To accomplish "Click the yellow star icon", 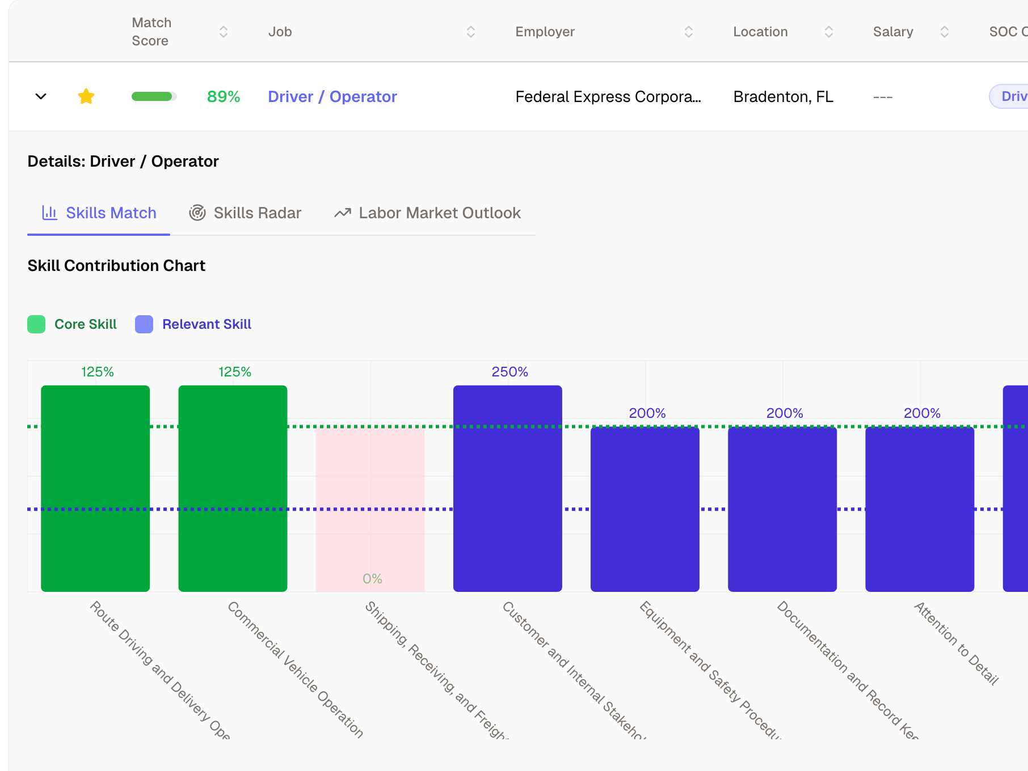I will point(86,96).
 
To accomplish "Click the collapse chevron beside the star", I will point(41,96).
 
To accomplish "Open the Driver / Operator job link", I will point(332,97).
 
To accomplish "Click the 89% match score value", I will point(224,97).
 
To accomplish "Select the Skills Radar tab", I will point(245,213).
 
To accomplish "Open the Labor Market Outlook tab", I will point(428,213).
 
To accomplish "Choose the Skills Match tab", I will point(99,213).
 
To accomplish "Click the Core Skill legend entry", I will point(73,324).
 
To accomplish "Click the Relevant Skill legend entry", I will point(193,324).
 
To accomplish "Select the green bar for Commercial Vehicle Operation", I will point(233,488).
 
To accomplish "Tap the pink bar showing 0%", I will point(370,510).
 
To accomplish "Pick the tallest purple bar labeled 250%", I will point(507,488).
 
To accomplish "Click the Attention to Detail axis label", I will point(956,643).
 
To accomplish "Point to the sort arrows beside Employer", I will point(689,32).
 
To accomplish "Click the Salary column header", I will point(893,32).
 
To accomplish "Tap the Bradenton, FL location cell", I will point(783,97).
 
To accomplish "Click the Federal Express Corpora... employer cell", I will point(608,97).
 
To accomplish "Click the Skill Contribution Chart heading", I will point(116,266).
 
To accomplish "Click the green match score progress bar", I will point(154,96).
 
